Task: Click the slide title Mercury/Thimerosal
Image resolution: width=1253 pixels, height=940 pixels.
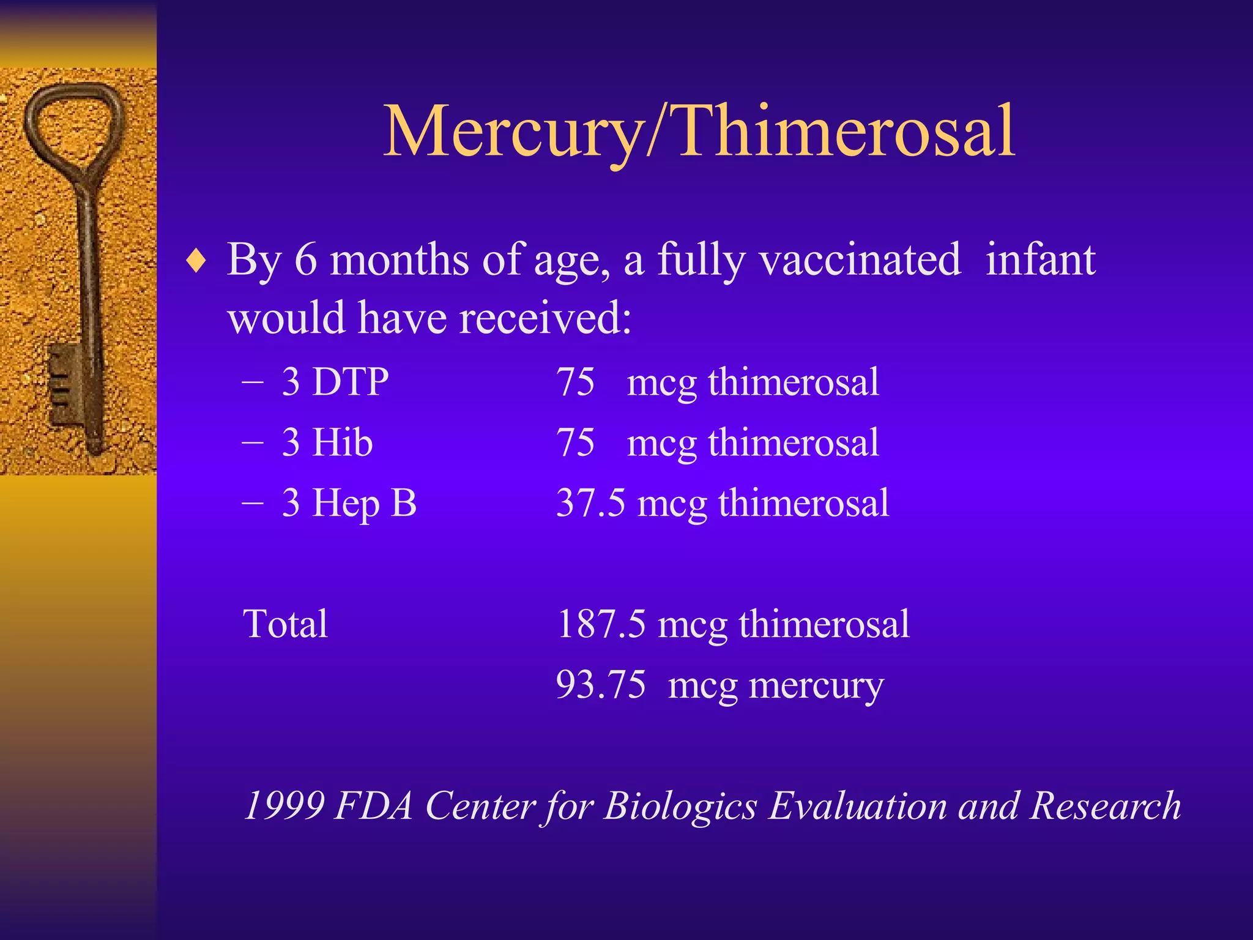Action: [x=699, y=131]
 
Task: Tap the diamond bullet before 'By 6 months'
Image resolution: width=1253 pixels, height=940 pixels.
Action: [x=196, y=262]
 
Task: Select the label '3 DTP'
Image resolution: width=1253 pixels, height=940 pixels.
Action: [x=335, y=382]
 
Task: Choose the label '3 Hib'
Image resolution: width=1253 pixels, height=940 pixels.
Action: [x=327, y=442]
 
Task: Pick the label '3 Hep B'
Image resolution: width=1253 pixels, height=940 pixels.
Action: [x=349, y=503]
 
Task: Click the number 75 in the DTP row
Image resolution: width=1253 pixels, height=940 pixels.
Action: [x=575, y=382]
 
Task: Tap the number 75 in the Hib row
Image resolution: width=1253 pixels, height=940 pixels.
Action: [x=575, y=442]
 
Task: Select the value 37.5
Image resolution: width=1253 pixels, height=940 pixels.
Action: [x=590, y=503]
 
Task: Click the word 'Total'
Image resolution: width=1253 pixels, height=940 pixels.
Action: [x=286, y=624]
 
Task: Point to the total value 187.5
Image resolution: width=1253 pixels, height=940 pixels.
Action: [x=601, y=624]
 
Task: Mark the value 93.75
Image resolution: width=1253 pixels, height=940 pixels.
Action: [x=601, y=684]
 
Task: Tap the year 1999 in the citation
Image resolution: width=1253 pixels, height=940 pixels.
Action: [x=284, y=805]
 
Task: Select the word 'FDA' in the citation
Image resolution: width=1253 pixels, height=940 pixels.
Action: [x=374, y=805]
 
